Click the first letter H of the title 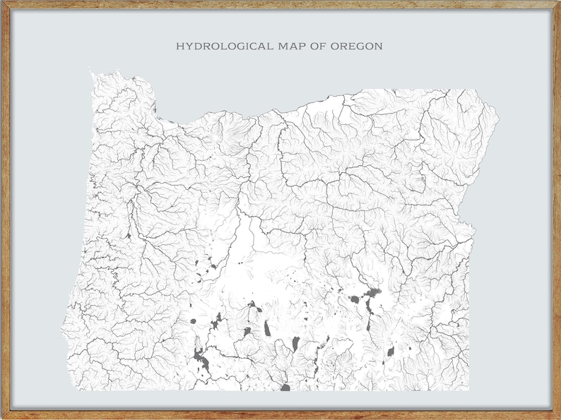pos(179,47)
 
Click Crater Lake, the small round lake pos(193,321)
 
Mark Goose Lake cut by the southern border pos(285,387)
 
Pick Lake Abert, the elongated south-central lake pos(296,344)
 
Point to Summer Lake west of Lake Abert pos(268,328)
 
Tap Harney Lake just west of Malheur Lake pos(354,299)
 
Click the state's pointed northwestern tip pos(90,68)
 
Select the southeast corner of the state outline pos(468,389)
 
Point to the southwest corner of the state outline pos(69,389)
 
